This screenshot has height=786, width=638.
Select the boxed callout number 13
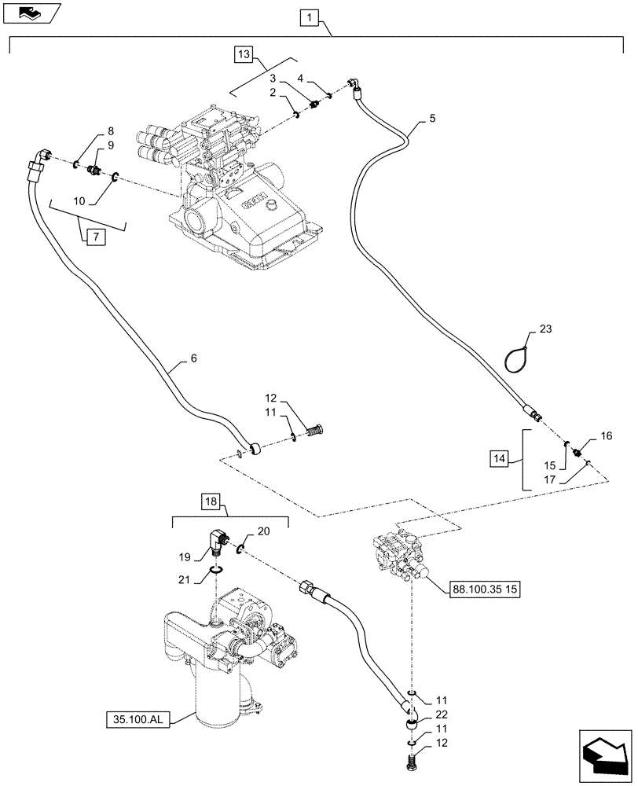pyautogui.click(x=244, y=54)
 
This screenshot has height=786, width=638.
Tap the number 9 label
pyautogui.click(x=111, y=145)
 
